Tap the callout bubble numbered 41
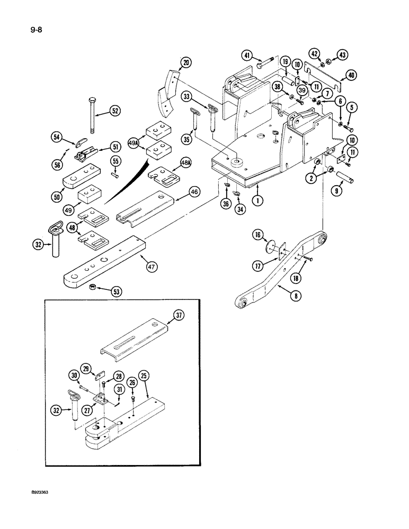pyautogui.click(x=248, y=54)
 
